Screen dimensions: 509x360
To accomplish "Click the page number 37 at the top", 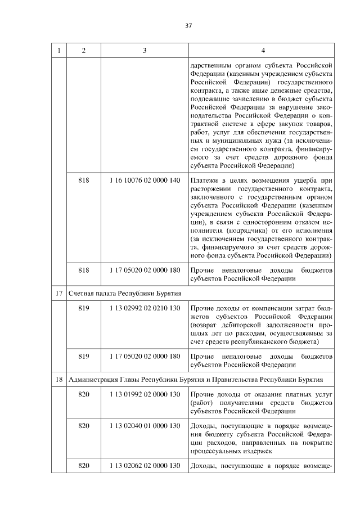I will (188, 25).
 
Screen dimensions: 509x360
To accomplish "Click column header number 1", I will (59, 51).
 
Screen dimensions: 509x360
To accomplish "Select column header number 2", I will (83, 51).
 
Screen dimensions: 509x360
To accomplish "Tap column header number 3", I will (145, 51).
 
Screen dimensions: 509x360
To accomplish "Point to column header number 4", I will (263, 51).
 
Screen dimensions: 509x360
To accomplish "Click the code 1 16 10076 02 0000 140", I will (145, 180).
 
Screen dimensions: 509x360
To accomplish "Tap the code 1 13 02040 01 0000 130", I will (145, 426).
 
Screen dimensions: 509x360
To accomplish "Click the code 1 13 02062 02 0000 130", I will (145, 466).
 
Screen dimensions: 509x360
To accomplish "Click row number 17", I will (59, 294).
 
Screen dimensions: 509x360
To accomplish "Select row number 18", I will (59, 379).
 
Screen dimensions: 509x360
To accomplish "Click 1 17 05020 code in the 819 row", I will (145, 356).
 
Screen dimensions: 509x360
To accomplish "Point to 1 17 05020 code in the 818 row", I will (145, 270).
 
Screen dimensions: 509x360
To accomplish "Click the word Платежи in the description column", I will (204, 180).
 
